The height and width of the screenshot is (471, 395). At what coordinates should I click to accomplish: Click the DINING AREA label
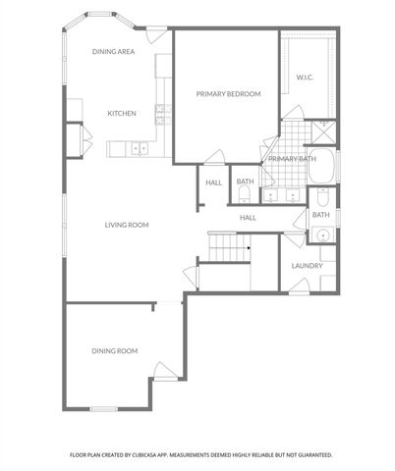113,51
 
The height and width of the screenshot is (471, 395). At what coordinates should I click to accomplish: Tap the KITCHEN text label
121,114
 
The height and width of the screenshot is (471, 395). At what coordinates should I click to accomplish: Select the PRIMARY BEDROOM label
228,94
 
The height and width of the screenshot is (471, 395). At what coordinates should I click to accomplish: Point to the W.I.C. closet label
305,77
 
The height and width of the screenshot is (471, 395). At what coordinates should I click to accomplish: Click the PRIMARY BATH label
292,159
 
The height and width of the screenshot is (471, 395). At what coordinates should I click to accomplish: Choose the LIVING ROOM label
127,225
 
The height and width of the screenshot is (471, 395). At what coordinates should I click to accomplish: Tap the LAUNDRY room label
308,265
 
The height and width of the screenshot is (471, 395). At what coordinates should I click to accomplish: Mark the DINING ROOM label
114,350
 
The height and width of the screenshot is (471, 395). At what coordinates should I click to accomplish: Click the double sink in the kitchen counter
140,148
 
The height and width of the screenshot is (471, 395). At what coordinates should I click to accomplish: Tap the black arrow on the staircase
250,248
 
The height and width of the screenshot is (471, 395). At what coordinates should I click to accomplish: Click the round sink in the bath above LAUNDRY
321,235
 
